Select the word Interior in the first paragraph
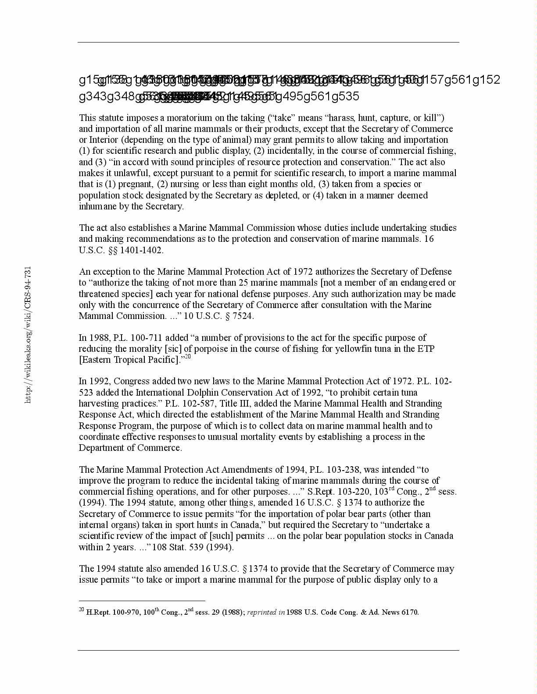[105, 140]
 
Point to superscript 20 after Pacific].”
[187, 357]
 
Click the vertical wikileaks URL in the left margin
[28, 335]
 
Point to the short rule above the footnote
[142, 601]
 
